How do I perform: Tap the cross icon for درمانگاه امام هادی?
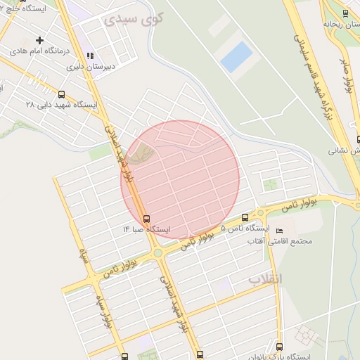[40, 40]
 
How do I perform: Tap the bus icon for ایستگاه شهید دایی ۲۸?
[62, 94]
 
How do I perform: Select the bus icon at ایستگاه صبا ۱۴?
[146, 219]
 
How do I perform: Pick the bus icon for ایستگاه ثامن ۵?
[245, 217]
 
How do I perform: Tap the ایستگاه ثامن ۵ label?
[245, 229]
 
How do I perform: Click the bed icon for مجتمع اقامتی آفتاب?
[280, 231]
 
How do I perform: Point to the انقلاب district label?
[265, 279]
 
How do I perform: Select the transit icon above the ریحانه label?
[345, 12]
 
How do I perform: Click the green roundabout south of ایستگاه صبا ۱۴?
[158, 253]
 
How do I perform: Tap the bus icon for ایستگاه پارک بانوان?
[279, 347]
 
